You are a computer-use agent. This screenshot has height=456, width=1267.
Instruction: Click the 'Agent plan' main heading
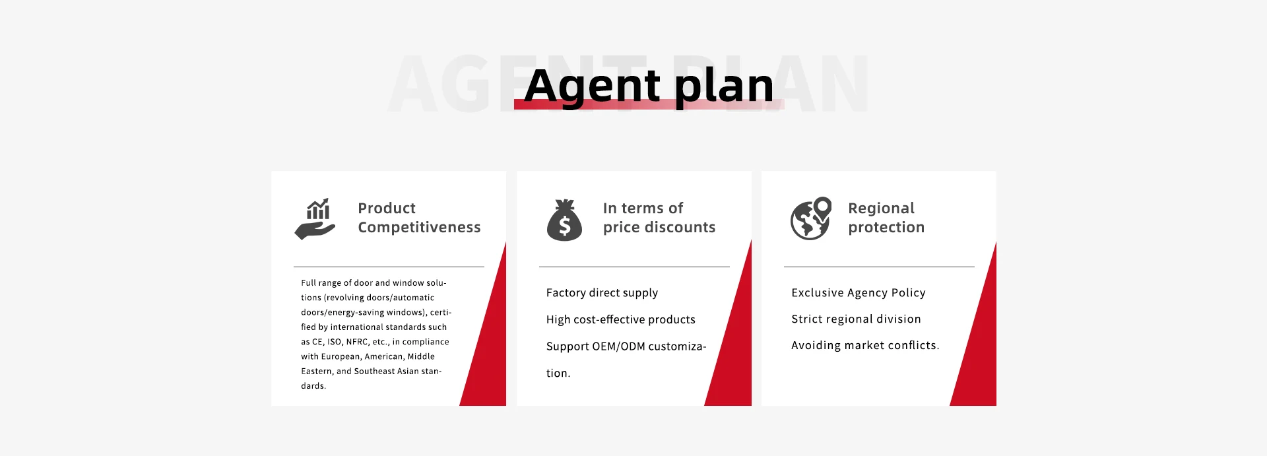click(649, 86)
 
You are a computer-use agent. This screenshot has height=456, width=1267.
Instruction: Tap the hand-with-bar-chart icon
click(315, 219)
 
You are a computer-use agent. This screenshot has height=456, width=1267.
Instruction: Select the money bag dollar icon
click(564, 220)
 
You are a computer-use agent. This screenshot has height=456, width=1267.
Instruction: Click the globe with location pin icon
click(811, 218)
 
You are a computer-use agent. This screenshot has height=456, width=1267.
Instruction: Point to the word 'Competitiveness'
click(419, 227)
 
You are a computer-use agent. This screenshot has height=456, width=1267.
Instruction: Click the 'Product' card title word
click(387, 208)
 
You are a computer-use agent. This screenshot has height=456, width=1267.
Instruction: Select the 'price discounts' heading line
click(659, 227)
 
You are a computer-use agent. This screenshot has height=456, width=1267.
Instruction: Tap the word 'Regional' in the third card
click(881, 209)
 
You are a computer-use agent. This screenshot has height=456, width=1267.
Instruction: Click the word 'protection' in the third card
click(886, 227)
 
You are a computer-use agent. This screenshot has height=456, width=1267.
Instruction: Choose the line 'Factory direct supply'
click(602, 293)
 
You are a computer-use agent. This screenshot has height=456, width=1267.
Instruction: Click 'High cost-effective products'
click(621, 319)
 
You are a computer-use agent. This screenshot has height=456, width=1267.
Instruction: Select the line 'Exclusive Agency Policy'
click(859, 292)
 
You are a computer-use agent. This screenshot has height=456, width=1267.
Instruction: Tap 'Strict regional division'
click(856, 319)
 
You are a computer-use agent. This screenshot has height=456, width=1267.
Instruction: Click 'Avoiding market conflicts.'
click(865, 345)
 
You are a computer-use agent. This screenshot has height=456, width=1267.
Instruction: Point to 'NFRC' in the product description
click(357, 342)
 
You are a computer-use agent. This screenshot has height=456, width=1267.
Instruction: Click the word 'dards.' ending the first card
click(313, 386)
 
